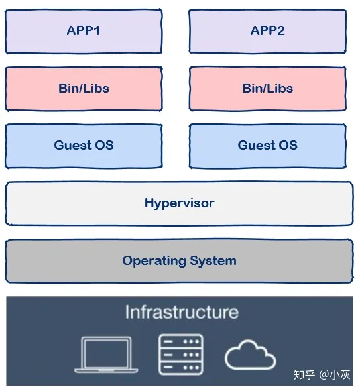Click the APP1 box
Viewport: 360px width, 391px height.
[84, 31]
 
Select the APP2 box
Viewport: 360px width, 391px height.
[267, 31]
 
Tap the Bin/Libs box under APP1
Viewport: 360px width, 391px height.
[84, 89]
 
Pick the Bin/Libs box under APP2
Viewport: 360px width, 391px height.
[267, 89]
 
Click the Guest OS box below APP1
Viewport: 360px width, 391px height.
[84, 146]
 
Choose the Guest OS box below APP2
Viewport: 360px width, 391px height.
[267, 146]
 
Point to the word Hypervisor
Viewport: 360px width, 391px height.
[180, 203]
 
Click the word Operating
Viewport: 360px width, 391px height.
[154, 261]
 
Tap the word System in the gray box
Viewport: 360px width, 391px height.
[213, 261]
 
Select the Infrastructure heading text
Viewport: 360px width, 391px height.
[182, 312]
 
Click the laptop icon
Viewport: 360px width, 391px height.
[106, 355]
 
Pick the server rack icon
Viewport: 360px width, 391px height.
[181, 355]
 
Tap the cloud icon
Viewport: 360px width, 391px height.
[250, 355]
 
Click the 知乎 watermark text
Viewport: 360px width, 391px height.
[304, 375]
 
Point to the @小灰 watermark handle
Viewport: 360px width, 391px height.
[335, 375]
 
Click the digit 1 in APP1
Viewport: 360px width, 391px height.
[97, 31]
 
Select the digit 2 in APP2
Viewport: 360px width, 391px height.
[280, 31]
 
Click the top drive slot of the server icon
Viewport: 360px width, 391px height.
[181, 341]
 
